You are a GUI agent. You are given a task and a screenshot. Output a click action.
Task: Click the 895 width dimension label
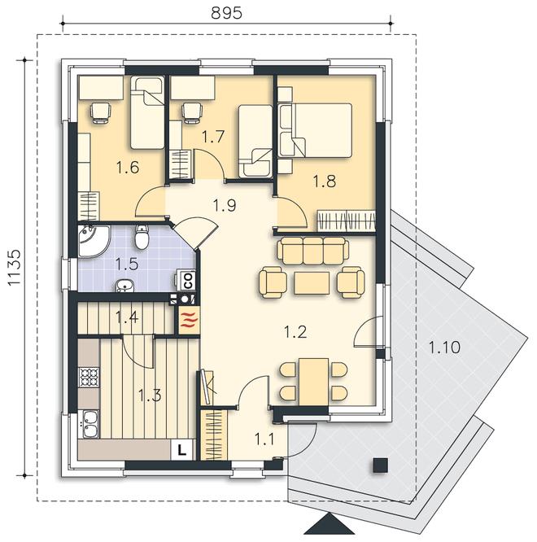pos(227,13)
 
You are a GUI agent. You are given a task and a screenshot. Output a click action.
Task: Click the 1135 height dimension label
pos(15,268)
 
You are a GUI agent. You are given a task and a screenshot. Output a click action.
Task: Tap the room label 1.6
pos(128,168)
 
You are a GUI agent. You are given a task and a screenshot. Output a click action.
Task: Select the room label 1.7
pos(213,137)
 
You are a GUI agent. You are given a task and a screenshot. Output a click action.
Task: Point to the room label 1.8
pos(325,181)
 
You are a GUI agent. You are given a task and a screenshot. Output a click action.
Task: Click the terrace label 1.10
pos(444,347)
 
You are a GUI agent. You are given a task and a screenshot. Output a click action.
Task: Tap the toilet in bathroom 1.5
pos(142,237)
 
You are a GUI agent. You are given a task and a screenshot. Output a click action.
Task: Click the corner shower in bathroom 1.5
pos(94,241)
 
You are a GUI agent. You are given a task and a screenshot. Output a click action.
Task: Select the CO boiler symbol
pos(187,280)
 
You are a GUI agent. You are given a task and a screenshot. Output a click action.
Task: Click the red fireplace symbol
pos(190,320)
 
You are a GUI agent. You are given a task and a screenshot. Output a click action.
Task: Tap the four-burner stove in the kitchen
pos(89,377)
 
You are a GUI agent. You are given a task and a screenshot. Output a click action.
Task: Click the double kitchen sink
pos(89,424)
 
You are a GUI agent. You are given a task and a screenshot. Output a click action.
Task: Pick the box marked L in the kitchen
pos(181,450)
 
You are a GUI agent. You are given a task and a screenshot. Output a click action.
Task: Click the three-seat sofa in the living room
pos(312,251)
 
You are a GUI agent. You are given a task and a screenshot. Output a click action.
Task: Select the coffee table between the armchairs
pos(312,283)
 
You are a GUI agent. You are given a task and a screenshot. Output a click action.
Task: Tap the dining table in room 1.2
pos(313,382)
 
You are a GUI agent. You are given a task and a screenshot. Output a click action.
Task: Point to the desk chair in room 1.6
pos(100,112)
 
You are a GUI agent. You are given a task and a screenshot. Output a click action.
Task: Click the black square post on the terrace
pos(380,465)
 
